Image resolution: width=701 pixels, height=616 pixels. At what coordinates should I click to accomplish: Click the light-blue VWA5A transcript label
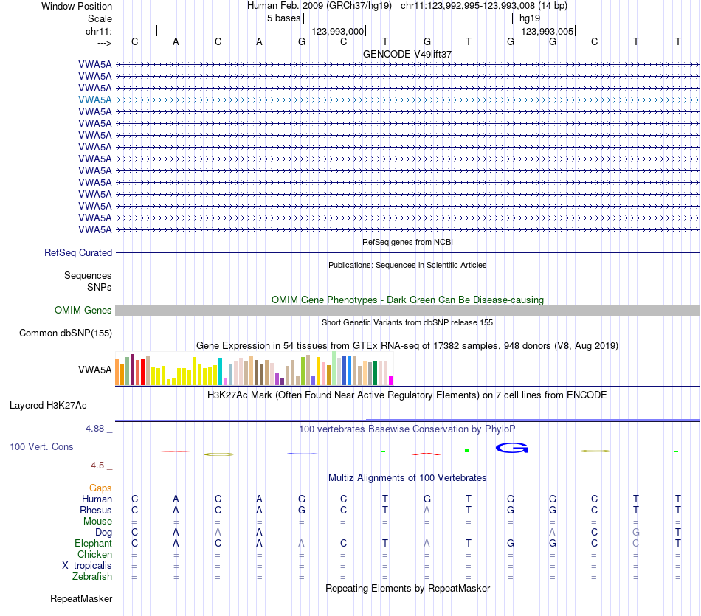pyautogui.click(x=95, y=100)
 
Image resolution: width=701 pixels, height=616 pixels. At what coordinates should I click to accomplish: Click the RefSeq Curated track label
pyautogui.click(x=78, y=253)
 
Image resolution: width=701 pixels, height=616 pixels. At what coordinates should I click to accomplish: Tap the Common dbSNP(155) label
pyautogui.click(x=66, y=333)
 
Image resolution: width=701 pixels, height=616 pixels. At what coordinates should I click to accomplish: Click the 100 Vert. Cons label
pyautogui.click(x=42, y=447)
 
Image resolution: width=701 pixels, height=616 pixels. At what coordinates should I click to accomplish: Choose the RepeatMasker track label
pyautogui.click(x=81, y=598)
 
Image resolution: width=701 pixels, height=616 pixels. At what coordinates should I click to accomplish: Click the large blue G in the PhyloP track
pyautogui.click(x=512, y=448)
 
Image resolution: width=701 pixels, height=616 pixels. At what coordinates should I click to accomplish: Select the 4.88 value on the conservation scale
pyautogui.click(x=97, y=429)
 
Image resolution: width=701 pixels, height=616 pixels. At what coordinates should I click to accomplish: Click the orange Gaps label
pyautogui.click(x=100, y=488)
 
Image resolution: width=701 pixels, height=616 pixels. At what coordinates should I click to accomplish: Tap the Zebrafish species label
pyautogui.click(x=93, y=577)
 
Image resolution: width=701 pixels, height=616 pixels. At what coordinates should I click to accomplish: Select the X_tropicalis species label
pyautogui.click(x=87, y=566)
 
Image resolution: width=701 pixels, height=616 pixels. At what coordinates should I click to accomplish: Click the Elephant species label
pyautogui.click(x=93, y=544)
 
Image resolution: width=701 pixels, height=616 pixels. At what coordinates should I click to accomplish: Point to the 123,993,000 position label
pyautogui.click(x=338, y=32)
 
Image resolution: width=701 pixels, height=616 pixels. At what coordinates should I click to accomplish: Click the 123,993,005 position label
pyautogui.click(x=547, y=32)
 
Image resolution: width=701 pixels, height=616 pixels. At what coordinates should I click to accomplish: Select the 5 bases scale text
pyautogui.click(x=283, y=18)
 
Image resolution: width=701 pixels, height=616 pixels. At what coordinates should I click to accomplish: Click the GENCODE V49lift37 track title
pyautogui.click(x=407, y=55)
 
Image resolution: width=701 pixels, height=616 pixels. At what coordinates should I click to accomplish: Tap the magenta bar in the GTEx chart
pyautogui.click(x=391, y=380)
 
